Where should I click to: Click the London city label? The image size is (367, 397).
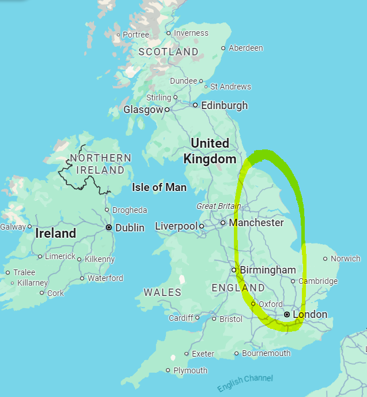310,314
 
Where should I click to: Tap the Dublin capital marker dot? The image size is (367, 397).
108,228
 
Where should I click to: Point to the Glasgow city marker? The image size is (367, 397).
167,109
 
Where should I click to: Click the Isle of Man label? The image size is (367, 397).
159,187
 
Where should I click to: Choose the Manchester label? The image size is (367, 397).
256,222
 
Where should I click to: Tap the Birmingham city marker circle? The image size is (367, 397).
234,269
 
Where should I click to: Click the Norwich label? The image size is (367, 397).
346,259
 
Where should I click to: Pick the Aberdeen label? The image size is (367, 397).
246,48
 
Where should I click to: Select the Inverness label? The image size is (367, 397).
191,33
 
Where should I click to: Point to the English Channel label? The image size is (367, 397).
245,383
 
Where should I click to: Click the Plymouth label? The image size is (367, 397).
190,370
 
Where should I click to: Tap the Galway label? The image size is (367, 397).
13,227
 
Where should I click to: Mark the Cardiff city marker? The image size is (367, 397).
197,317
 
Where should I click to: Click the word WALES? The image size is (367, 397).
162,293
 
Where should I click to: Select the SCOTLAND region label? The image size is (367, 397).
168,52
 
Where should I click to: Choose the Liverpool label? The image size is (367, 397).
176,226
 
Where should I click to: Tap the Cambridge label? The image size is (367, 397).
318,281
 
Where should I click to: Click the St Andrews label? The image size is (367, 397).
230,87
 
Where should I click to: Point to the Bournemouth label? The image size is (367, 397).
266,353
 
